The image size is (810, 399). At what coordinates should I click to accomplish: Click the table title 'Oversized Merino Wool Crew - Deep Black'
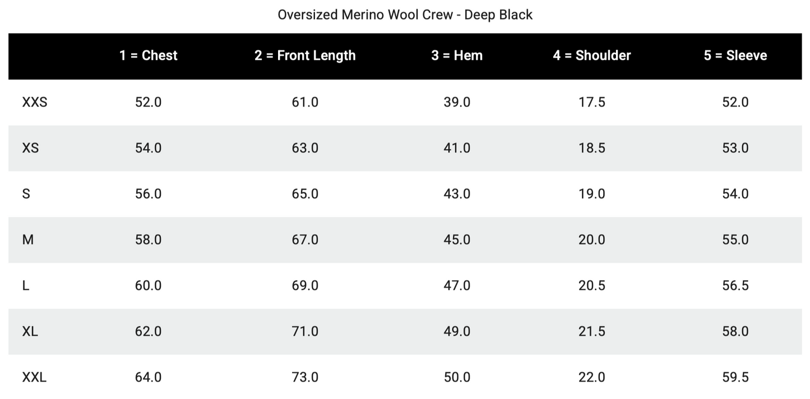pyautogui.click(x=405, y=15)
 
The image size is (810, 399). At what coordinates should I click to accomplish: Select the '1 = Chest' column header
pyautogui.click(x=148, y=55)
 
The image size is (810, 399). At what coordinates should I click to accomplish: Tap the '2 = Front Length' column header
pyautogui.click(x=305, y=55)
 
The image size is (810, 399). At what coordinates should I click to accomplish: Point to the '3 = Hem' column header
pyautogui.click(x=457, y=55)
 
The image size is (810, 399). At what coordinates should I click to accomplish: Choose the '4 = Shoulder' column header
pyautogui.click(x=591, y=55)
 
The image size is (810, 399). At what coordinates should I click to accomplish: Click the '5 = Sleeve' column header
pyautogui.click(x=735, y=55)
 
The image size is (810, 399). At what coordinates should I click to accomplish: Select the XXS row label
pyautogui.click(x=34, y=102)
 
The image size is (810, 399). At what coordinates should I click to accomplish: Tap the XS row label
pyautogui.click(x=30, y=148)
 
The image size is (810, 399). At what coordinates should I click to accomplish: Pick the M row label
pyautogui.click(x=28, y=240)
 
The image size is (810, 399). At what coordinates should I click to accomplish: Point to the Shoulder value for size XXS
pyautogui.click(x=591, y=102)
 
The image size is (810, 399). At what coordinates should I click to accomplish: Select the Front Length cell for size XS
pyautogui.click(x=305, y=148)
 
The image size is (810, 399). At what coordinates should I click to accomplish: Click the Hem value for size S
pyautogui.click(x=457, y=194)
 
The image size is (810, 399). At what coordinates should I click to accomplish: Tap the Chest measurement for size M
pyautogui.click(x=148, y=240)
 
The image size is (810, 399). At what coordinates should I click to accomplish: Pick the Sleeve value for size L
pyautogui.click(x=735, y=286)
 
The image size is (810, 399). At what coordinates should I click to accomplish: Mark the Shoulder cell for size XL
pyautogui.click(x=591, y=332)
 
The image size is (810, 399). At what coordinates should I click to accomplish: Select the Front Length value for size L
pyautogui.click(x=305, y=286)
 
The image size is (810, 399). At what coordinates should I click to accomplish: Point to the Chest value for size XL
pyautogui.click(x=148, y=332)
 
